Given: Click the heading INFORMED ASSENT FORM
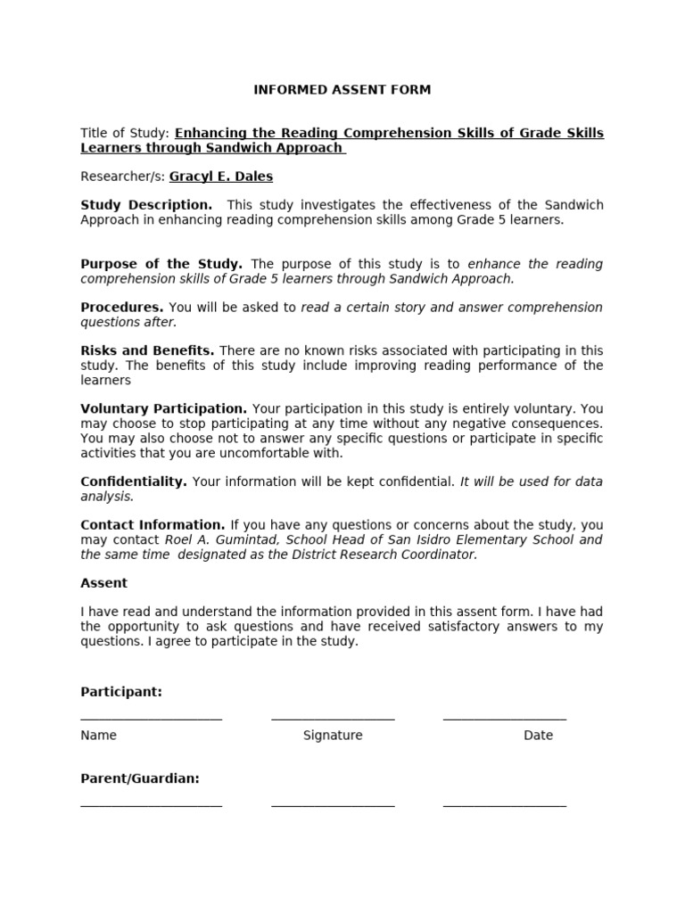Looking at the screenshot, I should click(342, 90).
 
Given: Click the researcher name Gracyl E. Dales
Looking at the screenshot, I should click(220, 177).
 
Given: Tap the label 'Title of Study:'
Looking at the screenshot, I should click(124, 133).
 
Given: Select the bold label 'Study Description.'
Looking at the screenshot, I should click(146, 205).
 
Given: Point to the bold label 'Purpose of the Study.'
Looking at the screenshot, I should click(161, 264).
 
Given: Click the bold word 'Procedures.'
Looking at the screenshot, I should click(122, 308).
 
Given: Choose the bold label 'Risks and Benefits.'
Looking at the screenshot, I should click(147, 351).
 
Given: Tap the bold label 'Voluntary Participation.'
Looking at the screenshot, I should click(163, 409).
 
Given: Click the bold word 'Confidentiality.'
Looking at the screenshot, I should click(134, 481).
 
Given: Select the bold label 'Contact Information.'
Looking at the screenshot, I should click(153, 525).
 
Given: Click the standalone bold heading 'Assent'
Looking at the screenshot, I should click(104, 583).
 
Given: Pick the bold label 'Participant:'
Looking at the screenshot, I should click(121, 692).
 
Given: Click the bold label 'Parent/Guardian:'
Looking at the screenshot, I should click(140, 778).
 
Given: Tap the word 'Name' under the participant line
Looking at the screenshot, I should click(98, 736).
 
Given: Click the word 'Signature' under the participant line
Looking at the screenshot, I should click(333, 736).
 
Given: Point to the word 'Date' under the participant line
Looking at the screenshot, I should click(538, 736).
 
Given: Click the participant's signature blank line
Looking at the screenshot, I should click(333, 718).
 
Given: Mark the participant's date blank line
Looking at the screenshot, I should click(504, 718).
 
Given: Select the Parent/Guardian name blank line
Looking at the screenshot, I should click(151, 804).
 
